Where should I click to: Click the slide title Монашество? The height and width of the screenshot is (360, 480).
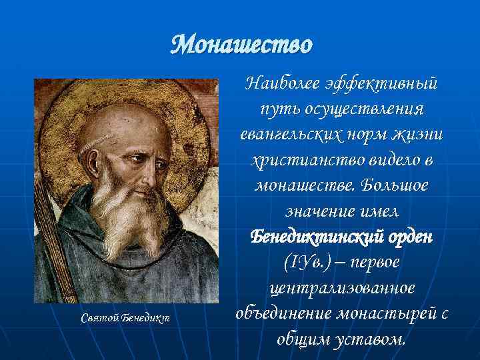pos(241,45)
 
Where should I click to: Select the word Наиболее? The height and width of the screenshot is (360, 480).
pos(283,84)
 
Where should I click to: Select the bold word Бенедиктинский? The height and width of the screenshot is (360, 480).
pos(307,237)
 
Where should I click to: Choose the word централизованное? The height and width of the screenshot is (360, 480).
pos(341,287)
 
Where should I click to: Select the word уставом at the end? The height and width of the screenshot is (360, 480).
pos(370,338)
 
